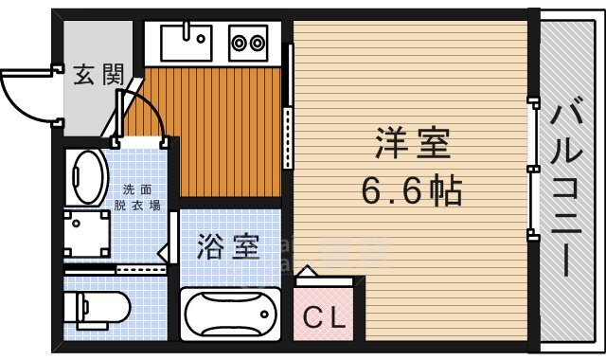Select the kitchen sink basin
tap(185, 42)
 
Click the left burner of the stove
tap(240, 43)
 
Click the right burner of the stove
tap(258, 43)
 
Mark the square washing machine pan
tap(87, 233)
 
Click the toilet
tap(95, 308)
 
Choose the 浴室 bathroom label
tap(228, 247)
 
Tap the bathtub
tap(229, 315)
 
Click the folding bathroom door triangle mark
tap(163, 253)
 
